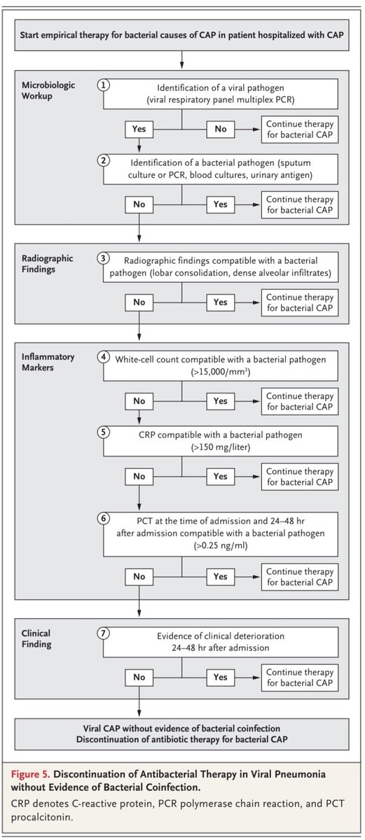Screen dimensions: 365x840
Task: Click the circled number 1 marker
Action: point(104,85)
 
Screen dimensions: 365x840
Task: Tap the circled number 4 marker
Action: point(104,356)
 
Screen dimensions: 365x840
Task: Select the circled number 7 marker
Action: point(104,633)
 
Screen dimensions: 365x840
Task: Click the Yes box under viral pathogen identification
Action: point(139,129)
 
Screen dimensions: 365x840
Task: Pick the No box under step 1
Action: point(221,129)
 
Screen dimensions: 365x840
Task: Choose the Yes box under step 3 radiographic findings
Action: point(221,302)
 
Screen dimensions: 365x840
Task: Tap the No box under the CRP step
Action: point(139,476)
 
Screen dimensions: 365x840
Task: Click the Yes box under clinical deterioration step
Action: point(221,678)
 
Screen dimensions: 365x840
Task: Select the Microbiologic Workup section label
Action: point(48,90)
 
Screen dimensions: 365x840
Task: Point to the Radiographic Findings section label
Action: point(47,264)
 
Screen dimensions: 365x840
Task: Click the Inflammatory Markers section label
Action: point(48,363)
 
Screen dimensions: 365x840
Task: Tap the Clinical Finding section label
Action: point(36,638)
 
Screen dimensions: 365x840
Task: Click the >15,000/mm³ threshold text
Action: point(221,372)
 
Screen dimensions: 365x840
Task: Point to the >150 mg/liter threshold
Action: point(221,447)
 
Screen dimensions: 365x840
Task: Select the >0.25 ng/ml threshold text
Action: point(221,545)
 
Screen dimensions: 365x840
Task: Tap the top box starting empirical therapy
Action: point(181,35)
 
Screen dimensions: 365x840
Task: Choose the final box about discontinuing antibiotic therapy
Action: point(181,734)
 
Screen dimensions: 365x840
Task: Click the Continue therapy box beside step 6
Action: point(300,577)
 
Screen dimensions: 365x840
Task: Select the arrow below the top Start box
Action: point(181,60)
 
